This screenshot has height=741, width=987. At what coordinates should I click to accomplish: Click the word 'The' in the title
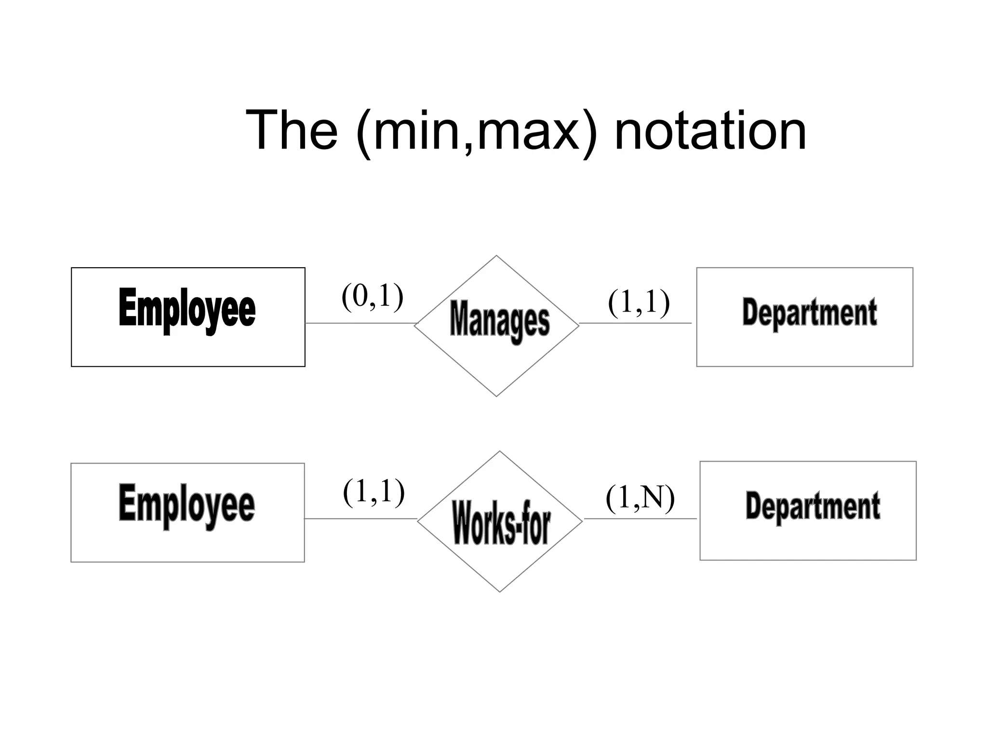292,130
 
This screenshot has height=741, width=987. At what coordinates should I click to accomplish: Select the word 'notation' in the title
710,130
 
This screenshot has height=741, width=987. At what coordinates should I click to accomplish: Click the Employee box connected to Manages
188,317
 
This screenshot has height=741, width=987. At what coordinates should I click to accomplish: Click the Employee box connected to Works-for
187,512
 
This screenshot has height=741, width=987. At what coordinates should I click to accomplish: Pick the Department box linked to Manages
804,317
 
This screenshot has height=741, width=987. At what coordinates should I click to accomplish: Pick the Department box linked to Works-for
808,510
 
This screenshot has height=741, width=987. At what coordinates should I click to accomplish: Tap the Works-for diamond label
501,522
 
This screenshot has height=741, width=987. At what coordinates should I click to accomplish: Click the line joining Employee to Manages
360,323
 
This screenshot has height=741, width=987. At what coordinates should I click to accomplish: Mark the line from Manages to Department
635,323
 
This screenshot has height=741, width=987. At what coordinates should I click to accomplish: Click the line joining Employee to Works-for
360,519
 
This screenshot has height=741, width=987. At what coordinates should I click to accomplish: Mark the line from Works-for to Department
640,519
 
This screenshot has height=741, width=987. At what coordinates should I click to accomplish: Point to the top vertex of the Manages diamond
496,256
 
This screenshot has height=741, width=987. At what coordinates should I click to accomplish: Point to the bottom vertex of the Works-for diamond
500,591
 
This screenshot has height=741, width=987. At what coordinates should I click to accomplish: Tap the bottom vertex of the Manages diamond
496,396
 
